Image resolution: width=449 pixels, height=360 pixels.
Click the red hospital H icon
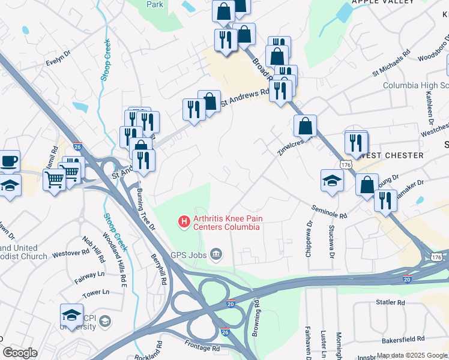[184, 223]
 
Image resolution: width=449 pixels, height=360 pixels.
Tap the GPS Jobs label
[187, 255]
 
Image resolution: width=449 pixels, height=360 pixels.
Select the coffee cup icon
[10, 161]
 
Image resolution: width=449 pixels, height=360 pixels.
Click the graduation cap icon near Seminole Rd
[332, 181]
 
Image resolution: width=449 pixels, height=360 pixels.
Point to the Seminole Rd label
[329, 211]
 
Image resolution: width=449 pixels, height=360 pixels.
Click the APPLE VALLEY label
[383, 2]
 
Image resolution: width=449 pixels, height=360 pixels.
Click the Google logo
[20, 353]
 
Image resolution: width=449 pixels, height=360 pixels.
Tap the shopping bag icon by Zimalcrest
[305, 127]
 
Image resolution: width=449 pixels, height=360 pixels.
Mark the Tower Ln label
[96, 293]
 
